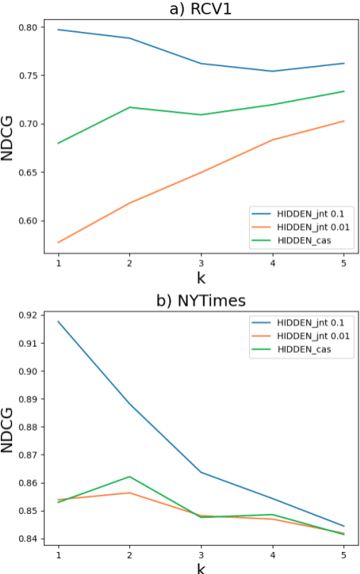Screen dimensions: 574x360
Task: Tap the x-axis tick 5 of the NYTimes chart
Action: (x=344, y=554)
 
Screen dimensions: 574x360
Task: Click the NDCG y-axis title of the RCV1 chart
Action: (x=10, y=136)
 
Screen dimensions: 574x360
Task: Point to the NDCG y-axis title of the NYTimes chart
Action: (x=10, y=427)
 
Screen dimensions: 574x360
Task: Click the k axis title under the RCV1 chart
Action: (x=201, y=278)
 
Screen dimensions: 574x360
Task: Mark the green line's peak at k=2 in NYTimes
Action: (x=129, y=477)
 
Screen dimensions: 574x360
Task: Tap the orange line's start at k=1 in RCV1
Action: (x=58, y=242)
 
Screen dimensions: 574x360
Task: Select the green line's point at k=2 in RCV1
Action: (x=129, y=107)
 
